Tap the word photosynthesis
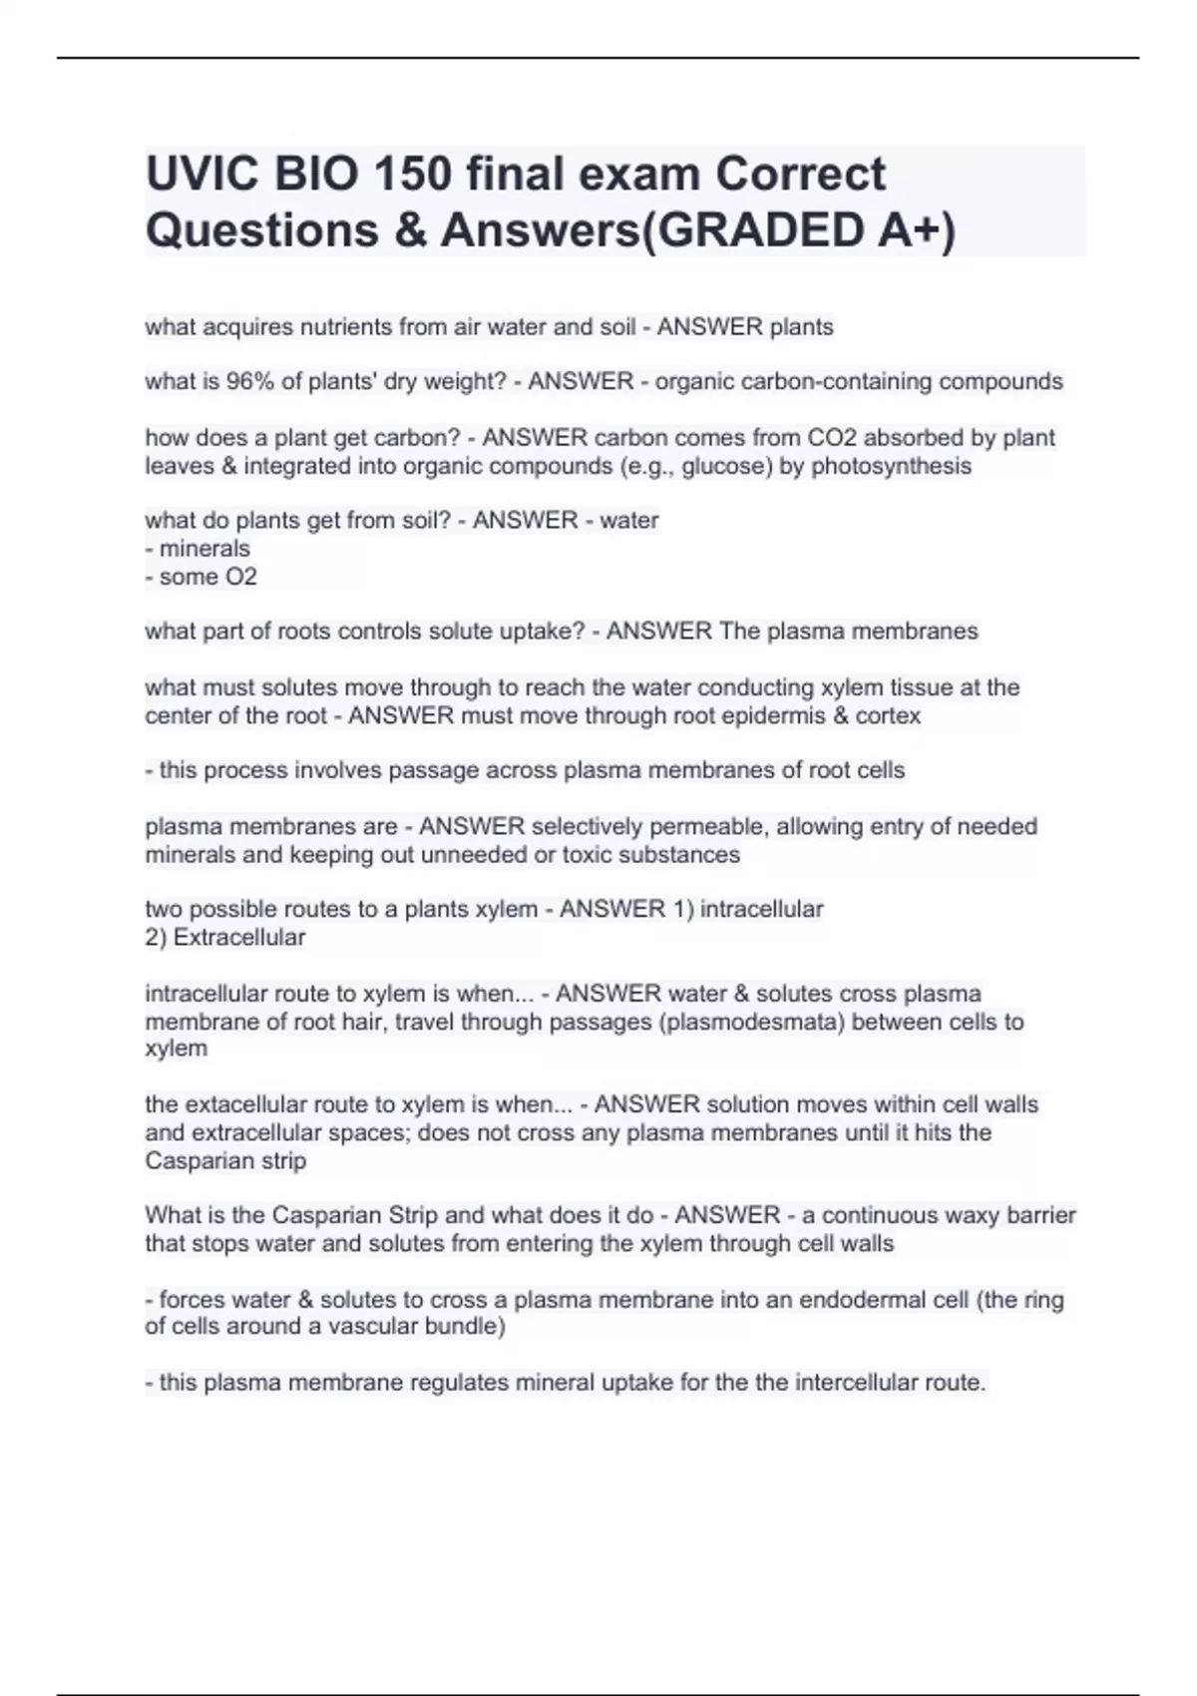point(891,466)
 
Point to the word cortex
point(888,715)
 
